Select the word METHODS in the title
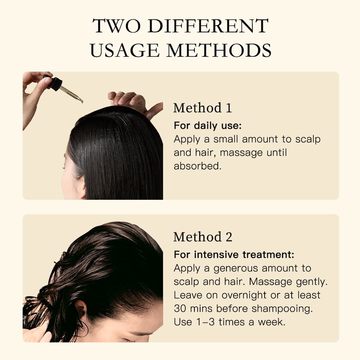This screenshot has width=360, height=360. [x=219, y=50]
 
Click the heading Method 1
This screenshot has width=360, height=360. [x=202, y=108]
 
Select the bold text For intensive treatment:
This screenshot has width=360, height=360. [x=234, y=255]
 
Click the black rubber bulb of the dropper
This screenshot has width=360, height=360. [x=55, y=83]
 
